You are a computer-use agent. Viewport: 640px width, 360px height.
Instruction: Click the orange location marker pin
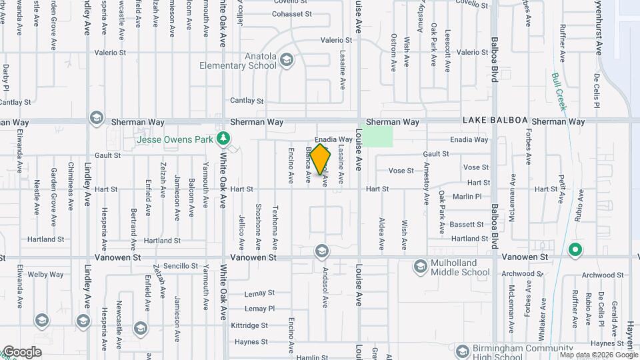pyautogui.click(x=320, y=159)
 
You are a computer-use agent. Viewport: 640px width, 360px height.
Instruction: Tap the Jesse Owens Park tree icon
pyautogui.click(x=224, y=139)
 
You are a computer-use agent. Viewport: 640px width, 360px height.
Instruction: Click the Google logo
pyautogui.click(x=22, y=352)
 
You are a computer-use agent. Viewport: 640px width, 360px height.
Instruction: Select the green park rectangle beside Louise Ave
pyautogui.click(x=377, y=137)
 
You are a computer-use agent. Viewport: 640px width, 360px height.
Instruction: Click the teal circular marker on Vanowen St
pyautogui.click(x=575, y=251)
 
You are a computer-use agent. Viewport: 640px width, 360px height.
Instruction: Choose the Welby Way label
pyautogui.click(x=46, y=274)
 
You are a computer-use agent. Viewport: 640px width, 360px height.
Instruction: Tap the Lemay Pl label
pyautogui.click(x=259, y=309)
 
